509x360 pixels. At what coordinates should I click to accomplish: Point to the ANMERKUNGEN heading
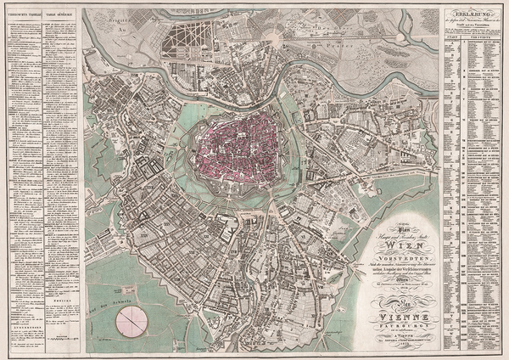[23, 312]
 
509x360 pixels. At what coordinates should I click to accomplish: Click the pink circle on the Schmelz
[131, 321]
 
